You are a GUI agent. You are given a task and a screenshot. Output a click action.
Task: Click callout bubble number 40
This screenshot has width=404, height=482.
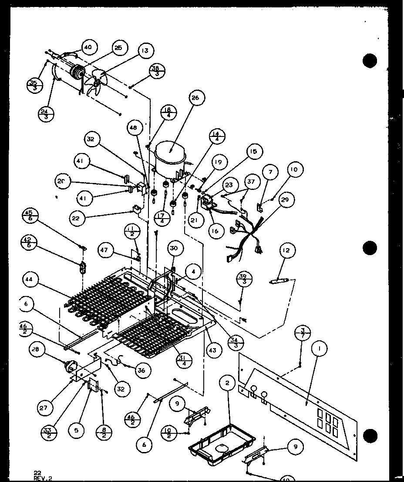pyautogui.click(x=88, y=48)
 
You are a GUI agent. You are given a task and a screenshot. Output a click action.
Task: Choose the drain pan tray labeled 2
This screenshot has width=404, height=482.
pyautogui.click(x=222, y=442)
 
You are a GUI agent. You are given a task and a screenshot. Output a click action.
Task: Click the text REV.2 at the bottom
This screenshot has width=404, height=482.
pyautogui.click(x=43, y=478)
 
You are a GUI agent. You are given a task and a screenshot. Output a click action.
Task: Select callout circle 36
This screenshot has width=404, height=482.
pyautogui.click(x=141, y=370)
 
